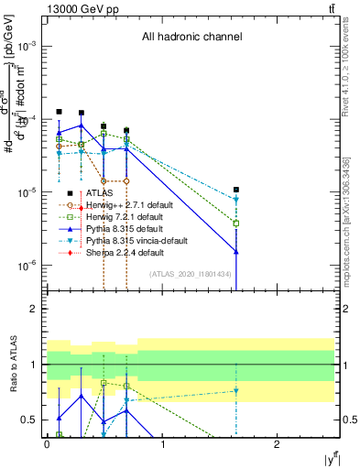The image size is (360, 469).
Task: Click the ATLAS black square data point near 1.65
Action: click(x=236, y=190)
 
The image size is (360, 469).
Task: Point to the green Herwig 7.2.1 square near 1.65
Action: click(x=236, y=223)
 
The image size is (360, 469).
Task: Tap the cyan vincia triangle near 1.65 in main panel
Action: click(x=236, y=200)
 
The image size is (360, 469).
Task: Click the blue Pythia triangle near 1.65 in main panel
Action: click(x=236, y=250)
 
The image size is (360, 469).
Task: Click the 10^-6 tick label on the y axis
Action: click(x=28, y=266)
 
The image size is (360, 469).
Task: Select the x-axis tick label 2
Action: click(x=277, y=443)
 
